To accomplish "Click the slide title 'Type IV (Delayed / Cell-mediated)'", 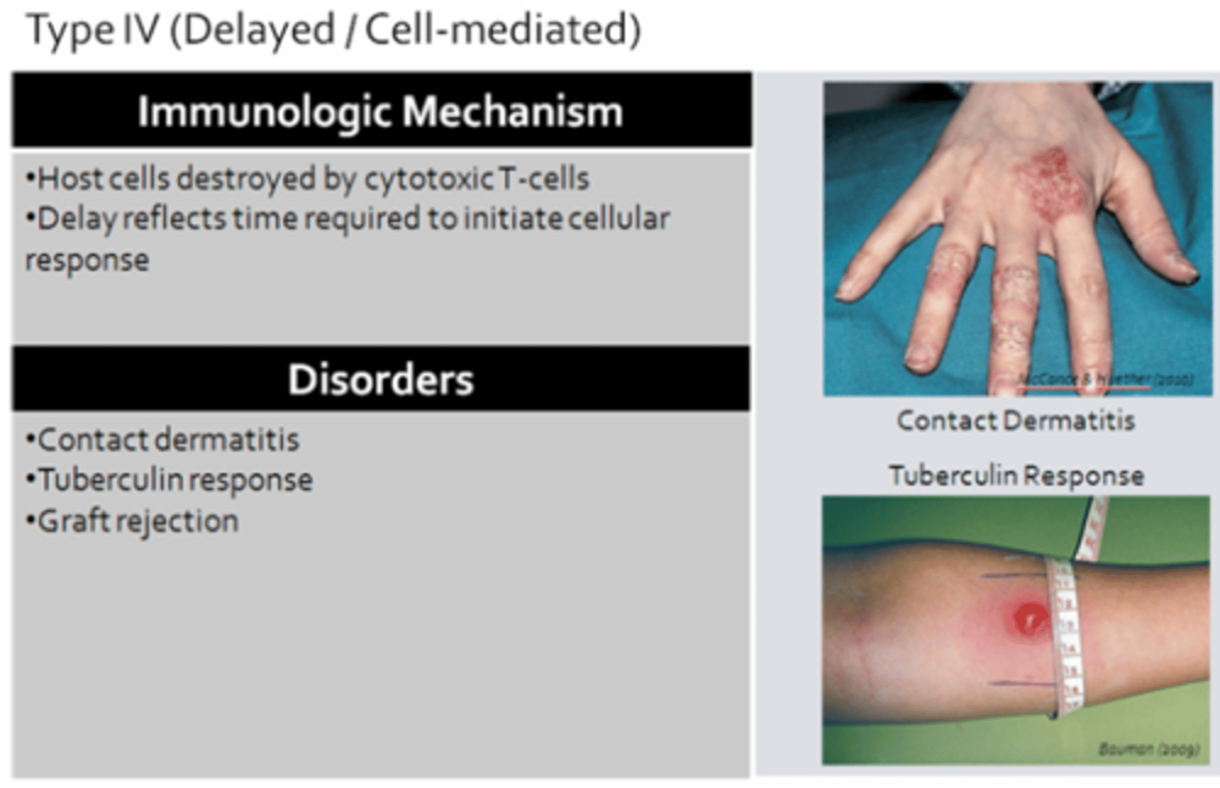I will coord(334,31).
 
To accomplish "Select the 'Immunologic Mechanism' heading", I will coord(380,111).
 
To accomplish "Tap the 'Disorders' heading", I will coord(380,379).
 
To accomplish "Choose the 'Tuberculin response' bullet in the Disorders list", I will coord(175,480).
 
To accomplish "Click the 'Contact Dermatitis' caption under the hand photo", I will coord(1016,420).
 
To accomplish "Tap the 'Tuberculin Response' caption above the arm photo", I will coord(1016,475).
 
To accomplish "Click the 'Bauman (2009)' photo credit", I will coord(1149,749).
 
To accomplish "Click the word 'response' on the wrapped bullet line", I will coord(87,260).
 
